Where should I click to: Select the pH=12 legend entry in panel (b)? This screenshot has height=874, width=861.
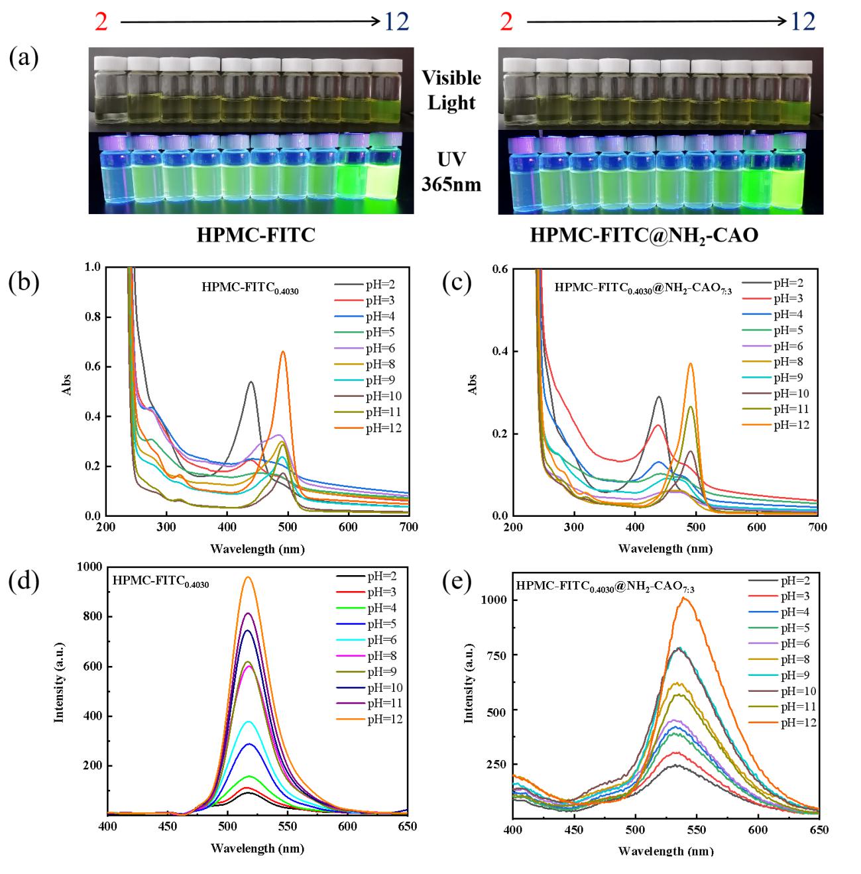pyautogui.click(x=385, y=429)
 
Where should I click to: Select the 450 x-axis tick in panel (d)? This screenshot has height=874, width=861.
pyautogui.click(x=168, y=827)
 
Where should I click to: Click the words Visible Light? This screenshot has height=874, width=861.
pyautogui.click(x=452, y=90)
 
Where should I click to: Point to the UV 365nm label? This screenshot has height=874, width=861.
pyautogui.click(x=452, y=170)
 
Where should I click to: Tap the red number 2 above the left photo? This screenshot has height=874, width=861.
pyautogui.click(x=101, y=23)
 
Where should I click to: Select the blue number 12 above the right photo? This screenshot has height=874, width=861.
pyautogui.click(x=803, y=23)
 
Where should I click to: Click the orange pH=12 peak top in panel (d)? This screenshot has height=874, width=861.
pyautogui.click(x=249, y=577)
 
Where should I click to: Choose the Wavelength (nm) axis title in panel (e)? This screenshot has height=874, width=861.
pyautogui.click(x=665, y=850)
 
